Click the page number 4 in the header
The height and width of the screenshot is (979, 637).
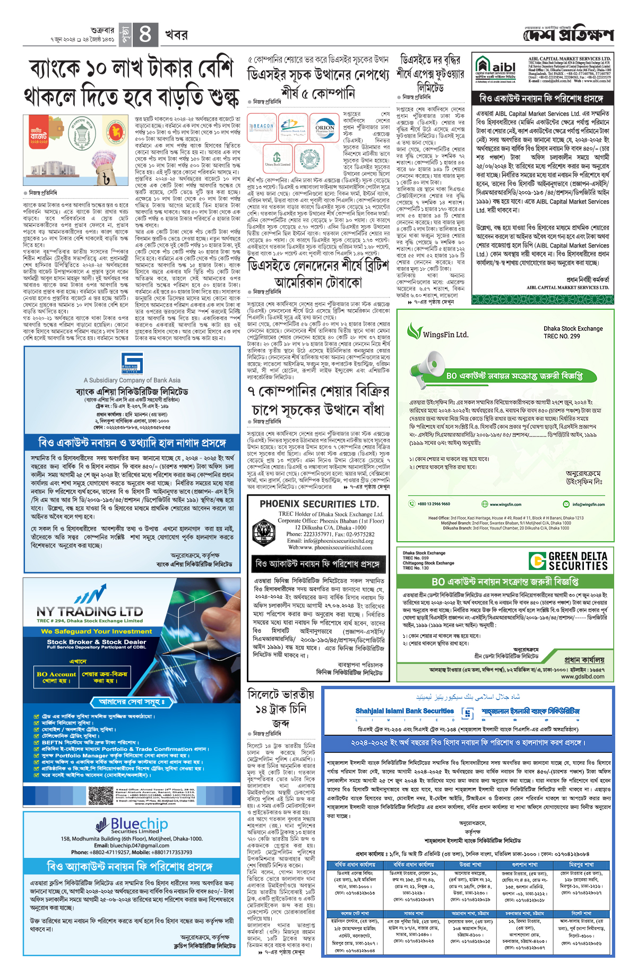145,35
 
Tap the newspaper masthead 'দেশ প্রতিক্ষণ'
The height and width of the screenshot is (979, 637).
569,35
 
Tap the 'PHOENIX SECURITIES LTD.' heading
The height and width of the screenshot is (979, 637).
319,504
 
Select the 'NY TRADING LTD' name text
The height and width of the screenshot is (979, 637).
90,611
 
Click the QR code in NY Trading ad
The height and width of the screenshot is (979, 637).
101,796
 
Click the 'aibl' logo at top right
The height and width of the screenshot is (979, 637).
496,69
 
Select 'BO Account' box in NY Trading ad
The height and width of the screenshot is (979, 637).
56,677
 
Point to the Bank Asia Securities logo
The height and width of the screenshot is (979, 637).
132,363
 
